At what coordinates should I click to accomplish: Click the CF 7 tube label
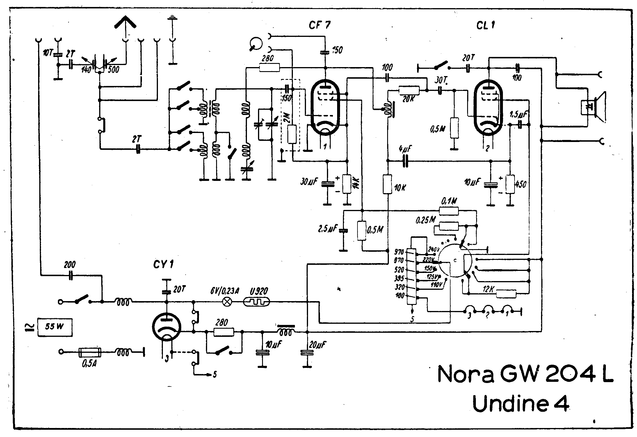319,26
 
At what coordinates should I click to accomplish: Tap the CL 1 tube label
485,26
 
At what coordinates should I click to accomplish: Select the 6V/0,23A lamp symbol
227,302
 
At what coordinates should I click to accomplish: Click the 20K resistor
409,90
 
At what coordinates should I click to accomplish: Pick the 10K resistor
387,184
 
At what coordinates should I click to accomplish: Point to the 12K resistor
506,294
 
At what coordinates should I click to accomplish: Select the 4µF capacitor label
405,150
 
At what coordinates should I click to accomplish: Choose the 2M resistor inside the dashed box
292,134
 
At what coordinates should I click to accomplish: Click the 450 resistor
510,184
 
